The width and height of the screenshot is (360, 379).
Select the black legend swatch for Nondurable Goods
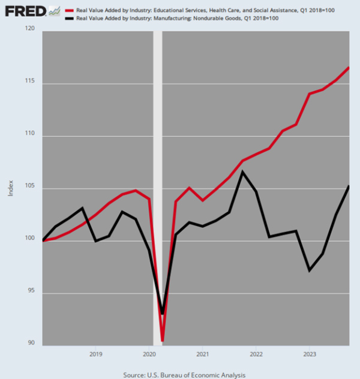[x=70, y=18]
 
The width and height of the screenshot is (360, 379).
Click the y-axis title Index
[x=10, y=188]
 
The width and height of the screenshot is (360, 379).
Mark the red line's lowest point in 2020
[x=163, y=341]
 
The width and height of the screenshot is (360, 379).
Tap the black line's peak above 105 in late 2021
[x=242, y=172]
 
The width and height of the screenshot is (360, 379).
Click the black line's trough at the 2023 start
[x=309, y=270]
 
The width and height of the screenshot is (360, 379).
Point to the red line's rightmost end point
[x=349, y=67]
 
